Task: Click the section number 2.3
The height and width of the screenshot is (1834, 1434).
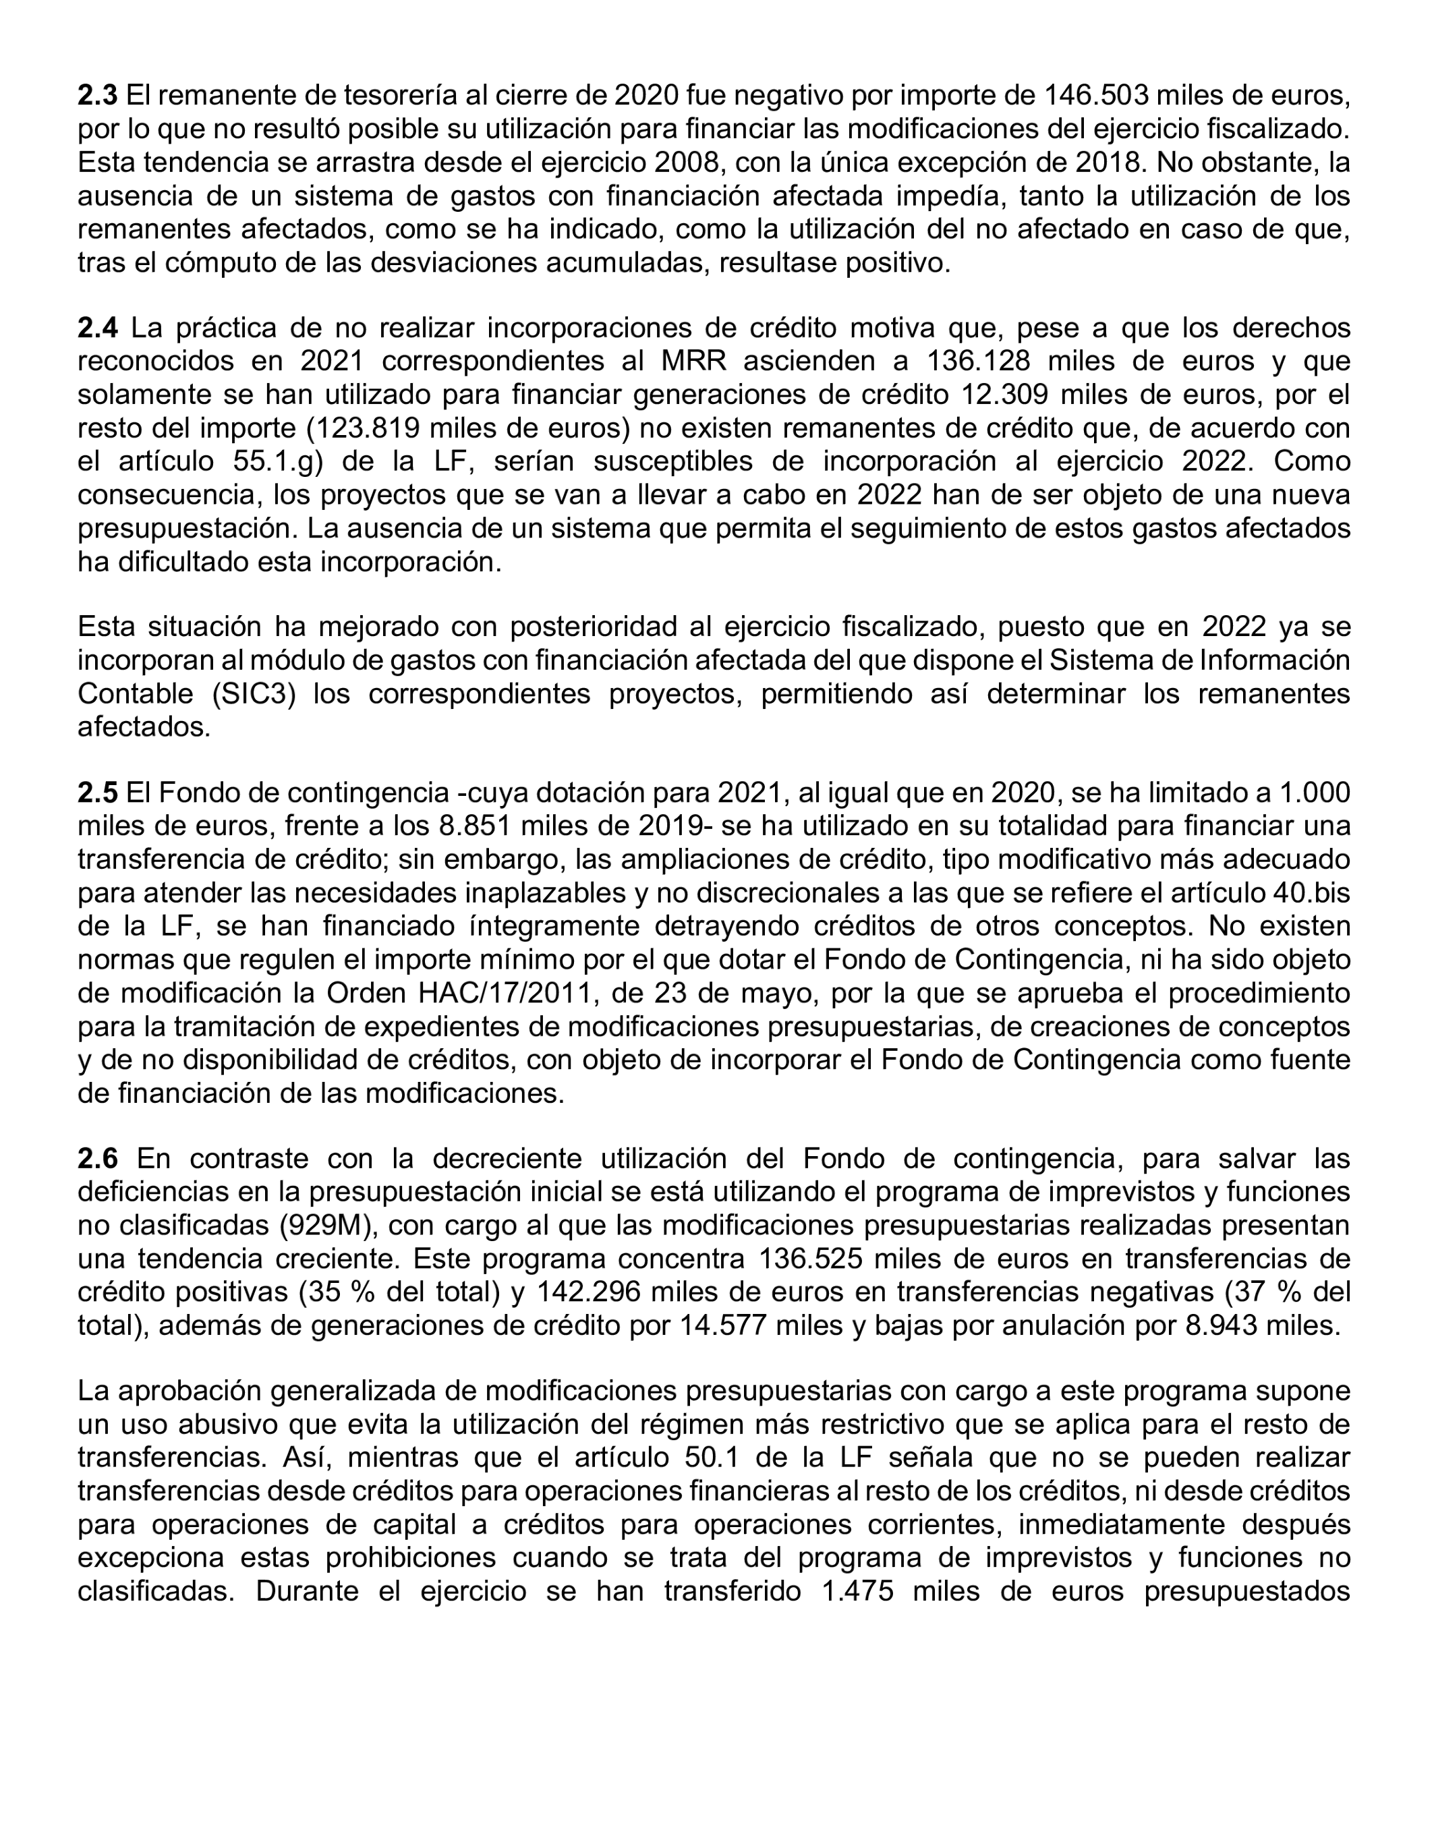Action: (x=97, y=96)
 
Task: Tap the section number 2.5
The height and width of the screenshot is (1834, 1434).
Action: (x=97, y=792)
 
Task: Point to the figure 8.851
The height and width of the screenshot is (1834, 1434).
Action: (x=473, y=826)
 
